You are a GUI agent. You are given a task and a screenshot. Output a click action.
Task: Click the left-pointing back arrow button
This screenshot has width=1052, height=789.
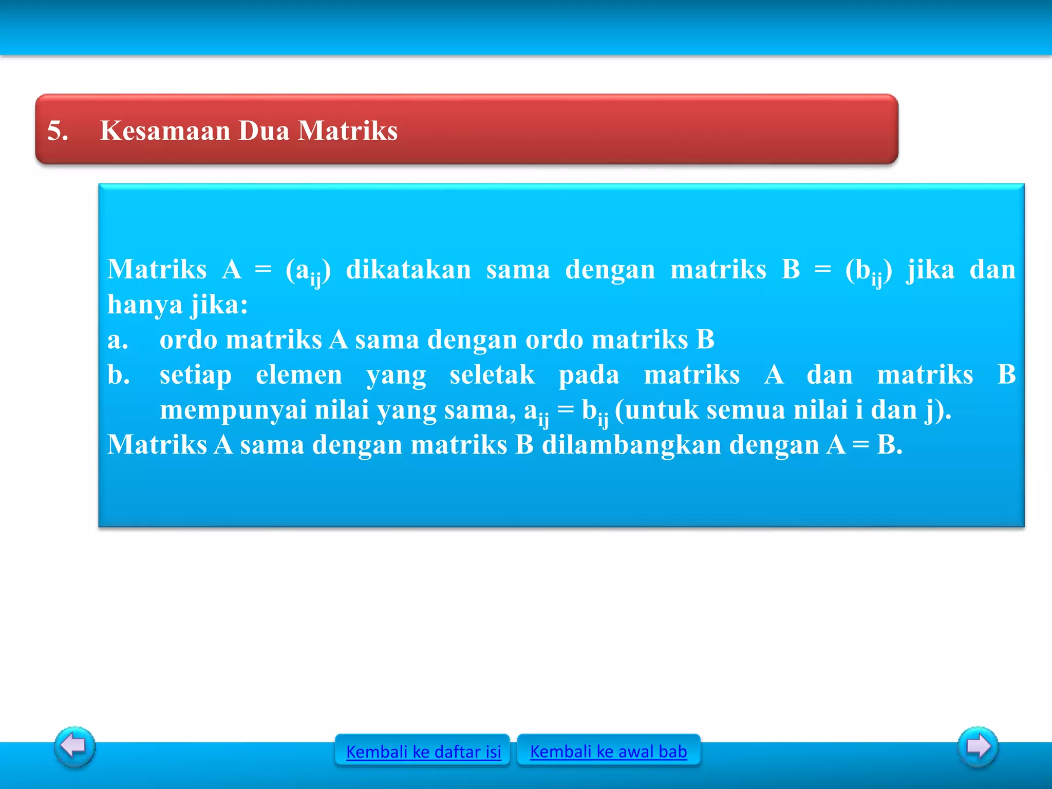point(74,746)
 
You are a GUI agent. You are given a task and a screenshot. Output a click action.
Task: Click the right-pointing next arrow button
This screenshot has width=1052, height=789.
point(978,746)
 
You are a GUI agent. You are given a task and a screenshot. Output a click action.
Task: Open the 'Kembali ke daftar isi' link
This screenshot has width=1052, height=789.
point(423,752)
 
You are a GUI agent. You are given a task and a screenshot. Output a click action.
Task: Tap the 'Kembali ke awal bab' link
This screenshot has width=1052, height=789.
point(608,751)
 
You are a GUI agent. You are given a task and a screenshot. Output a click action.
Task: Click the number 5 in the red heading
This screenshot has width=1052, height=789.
point(57,130)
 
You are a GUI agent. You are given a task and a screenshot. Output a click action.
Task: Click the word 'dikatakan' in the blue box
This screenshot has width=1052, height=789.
point(408,270)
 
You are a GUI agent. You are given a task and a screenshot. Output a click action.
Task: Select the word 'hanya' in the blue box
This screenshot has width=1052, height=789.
point(145,305)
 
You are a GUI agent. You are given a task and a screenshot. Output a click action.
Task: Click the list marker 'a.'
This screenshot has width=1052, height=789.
point(118,340)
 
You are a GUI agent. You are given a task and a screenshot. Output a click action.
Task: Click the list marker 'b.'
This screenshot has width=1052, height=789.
point(118,374)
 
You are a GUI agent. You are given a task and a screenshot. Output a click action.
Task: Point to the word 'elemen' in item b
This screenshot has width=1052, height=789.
point(299,374)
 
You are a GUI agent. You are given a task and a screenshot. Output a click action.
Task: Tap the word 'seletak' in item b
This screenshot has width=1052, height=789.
point(492,374)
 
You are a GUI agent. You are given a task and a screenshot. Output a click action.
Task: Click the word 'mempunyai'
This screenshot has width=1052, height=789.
point(233,410)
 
